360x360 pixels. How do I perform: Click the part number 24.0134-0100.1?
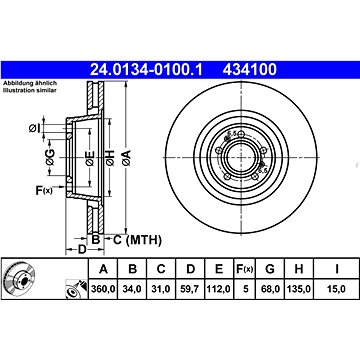146,69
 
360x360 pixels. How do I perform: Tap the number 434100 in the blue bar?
249,69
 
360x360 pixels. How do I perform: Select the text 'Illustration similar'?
30,90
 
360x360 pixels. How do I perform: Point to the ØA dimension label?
126,158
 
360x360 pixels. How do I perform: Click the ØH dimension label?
110,158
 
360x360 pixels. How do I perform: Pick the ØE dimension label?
90,158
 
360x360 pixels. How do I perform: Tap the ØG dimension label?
50,157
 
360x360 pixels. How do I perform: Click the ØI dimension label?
34,127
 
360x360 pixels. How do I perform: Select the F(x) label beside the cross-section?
44,191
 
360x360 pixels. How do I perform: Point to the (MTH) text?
144,240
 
